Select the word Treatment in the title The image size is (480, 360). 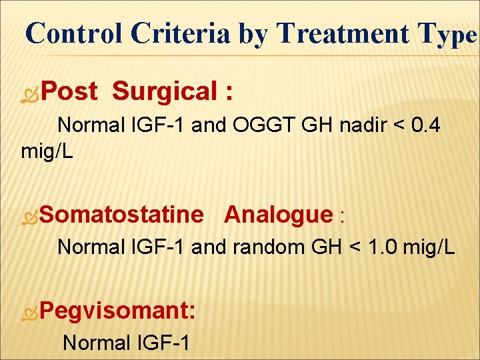click(x=344, y=33)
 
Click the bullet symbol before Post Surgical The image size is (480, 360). click(x=30, y=93)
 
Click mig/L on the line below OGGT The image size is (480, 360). click(x=47, y=151)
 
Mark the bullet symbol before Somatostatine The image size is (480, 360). click(x=30, y=216)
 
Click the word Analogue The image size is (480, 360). click(x=278, y=215)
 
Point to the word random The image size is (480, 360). click(x=267, y=247)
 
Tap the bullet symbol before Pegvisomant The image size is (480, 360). click(x=30, y=312)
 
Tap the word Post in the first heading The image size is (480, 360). click(x=69, y=91)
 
